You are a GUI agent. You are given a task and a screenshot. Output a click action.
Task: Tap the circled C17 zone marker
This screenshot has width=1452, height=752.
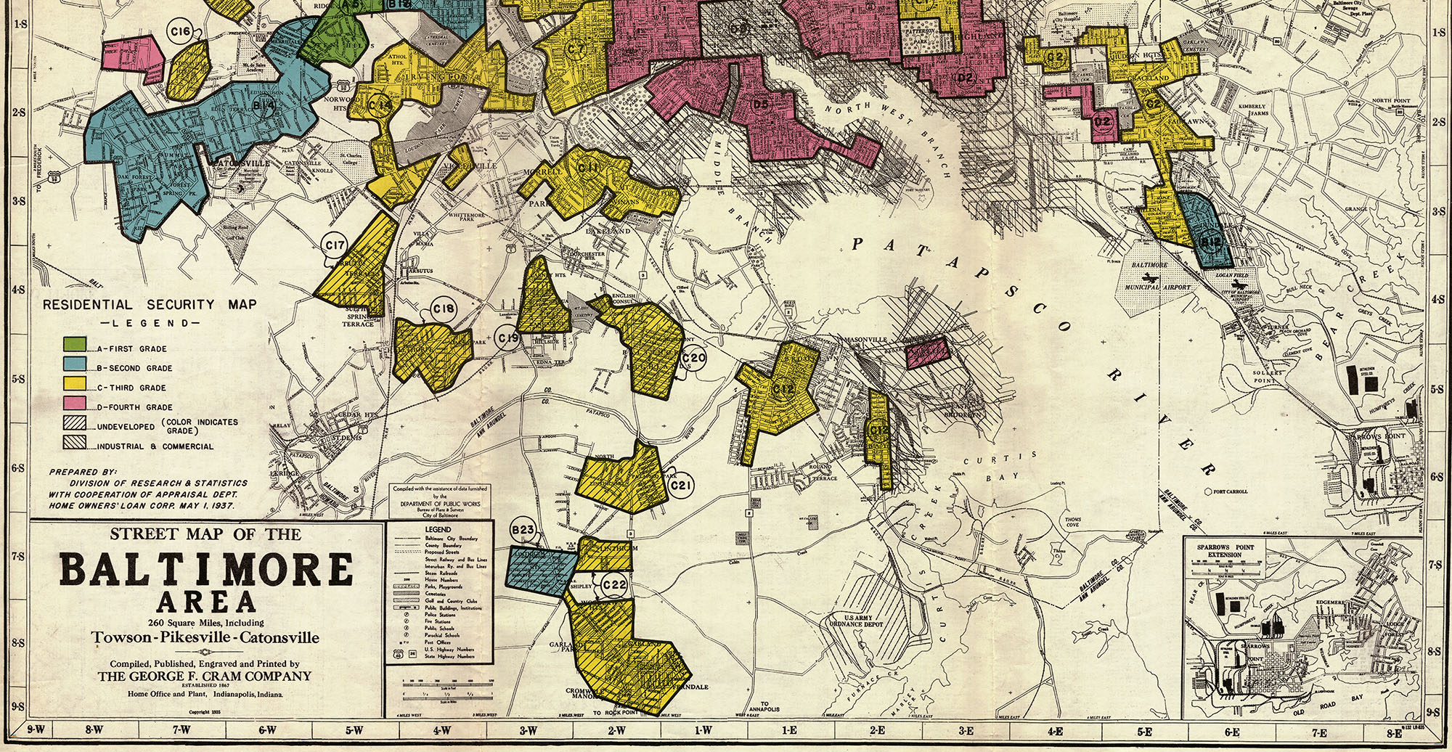pos(335,245)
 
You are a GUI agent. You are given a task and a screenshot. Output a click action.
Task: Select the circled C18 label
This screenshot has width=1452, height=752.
pos(444,309)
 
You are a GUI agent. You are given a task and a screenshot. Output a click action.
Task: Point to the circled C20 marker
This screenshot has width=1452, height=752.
pos(694,358)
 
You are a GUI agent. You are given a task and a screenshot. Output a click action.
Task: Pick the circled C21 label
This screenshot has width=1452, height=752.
pos(681,485)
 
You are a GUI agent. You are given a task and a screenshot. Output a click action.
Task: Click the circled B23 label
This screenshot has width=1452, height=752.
pos(523,530)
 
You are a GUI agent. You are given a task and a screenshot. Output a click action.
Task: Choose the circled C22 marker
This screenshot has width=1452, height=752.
pos(614,585)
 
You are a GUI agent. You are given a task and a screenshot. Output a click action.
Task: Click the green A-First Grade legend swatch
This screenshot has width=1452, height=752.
pos(75,345)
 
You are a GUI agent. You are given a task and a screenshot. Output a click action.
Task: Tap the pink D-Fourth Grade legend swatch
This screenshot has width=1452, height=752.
pos(75,404)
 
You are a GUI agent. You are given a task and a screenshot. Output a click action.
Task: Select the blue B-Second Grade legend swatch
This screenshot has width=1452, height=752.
pos(75,364)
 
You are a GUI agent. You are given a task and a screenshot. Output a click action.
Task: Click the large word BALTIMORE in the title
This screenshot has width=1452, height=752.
pos(206,570)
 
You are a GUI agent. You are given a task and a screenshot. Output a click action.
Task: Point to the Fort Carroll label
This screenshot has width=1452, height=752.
pos(1230,491)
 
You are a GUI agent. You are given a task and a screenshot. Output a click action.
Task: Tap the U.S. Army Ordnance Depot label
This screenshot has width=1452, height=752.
pos(857,621)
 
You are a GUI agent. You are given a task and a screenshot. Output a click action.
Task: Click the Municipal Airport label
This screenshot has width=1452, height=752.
pos(1158,287)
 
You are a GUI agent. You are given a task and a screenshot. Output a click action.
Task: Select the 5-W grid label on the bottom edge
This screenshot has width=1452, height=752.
pos(354,730)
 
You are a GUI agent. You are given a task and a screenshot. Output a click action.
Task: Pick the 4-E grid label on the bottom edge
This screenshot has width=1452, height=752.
pos(1055,732)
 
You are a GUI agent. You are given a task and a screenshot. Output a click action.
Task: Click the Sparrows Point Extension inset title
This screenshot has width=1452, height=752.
pos(1225,550)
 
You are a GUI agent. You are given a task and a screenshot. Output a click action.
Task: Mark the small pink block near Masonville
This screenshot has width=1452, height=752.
pos(927,353)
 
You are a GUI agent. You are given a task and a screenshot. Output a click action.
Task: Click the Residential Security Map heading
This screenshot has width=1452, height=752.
pos(149,305)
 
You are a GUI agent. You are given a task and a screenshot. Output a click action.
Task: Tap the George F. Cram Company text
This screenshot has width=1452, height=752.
pos(205,676)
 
